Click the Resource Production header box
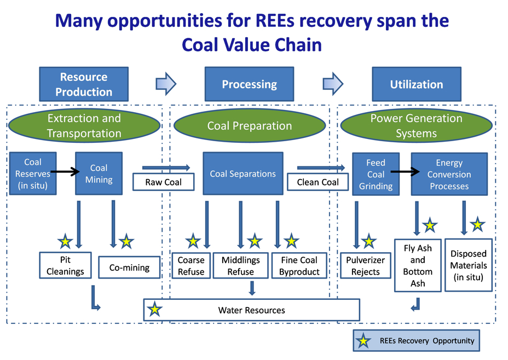pyautogui.click(x=84, y=84)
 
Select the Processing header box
pyautogui.click(x=249, y=84)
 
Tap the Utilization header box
pyautogui.click(x=416, y=84)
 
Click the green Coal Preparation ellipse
pyautogui.click(x=249, y=126)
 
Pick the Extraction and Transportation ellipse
pyautogui.click(x=84, y=125)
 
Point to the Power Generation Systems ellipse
pyautogui.click(x=416, y=125)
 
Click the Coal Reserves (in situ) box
pyautogui.click(x=33, y=174)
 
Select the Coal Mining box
pyautogui.click(x=99, y=174)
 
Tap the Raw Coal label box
pyautogui.click(x=164, y=182)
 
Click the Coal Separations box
pyautogui.click(x=243, y=174)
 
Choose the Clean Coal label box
pyautogui.click(x=317, y=182)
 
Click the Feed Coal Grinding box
pyautogui.click(x=376, y=174)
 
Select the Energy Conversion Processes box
pyautogui.click(x=449, y=174)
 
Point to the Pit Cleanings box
pyautogui.click(x=65, y=265)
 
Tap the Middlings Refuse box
pyautogui.click(x=241, y=265)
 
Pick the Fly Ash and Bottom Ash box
pyautogui.click(x=418, y=265)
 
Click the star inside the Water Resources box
pyautogui.click(x=155, y=310)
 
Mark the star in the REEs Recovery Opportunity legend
pyautogui.click(x=362, y=341)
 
